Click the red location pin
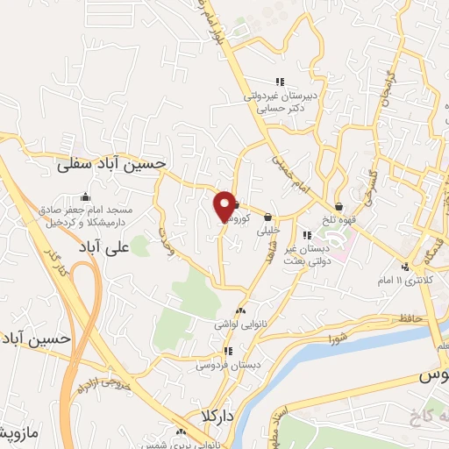point(224,207)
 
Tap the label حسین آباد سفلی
point(123,163)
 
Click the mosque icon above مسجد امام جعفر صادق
point(84,196)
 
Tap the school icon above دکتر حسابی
point(279,82)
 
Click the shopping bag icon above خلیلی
point(267,218)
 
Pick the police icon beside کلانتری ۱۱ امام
point(404,267)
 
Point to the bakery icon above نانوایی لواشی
point(240,310)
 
